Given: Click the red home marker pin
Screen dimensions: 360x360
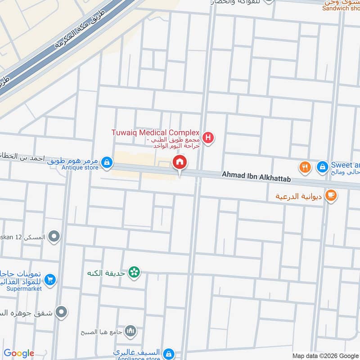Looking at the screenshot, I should coord(180,163).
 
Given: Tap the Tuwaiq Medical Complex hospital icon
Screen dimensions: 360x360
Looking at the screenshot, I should coord(208,137).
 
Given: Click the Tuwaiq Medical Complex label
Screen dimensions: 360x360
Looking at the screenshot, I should coord(155,132).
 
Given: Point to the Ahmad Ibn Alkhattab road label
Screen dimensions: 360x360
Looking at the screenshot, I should coord(256,176).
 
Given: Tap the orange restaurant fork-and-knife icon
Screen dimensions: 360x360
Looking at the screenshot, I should coord(306,167).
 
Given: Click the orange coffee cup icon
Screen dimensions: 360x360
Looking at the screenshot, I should coord(331,195).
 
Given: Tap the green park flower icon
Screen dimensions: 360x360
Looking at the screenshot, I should coord(134,272).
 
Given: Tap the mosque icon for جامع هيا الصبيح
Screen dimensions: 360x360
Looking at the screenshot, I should coord(130,332).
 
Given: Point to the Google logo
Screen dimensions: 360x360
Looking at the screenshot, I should coord(19,353).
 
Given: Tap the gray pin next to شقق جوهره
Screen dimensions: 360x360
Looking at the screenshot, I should coord(62,311).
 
